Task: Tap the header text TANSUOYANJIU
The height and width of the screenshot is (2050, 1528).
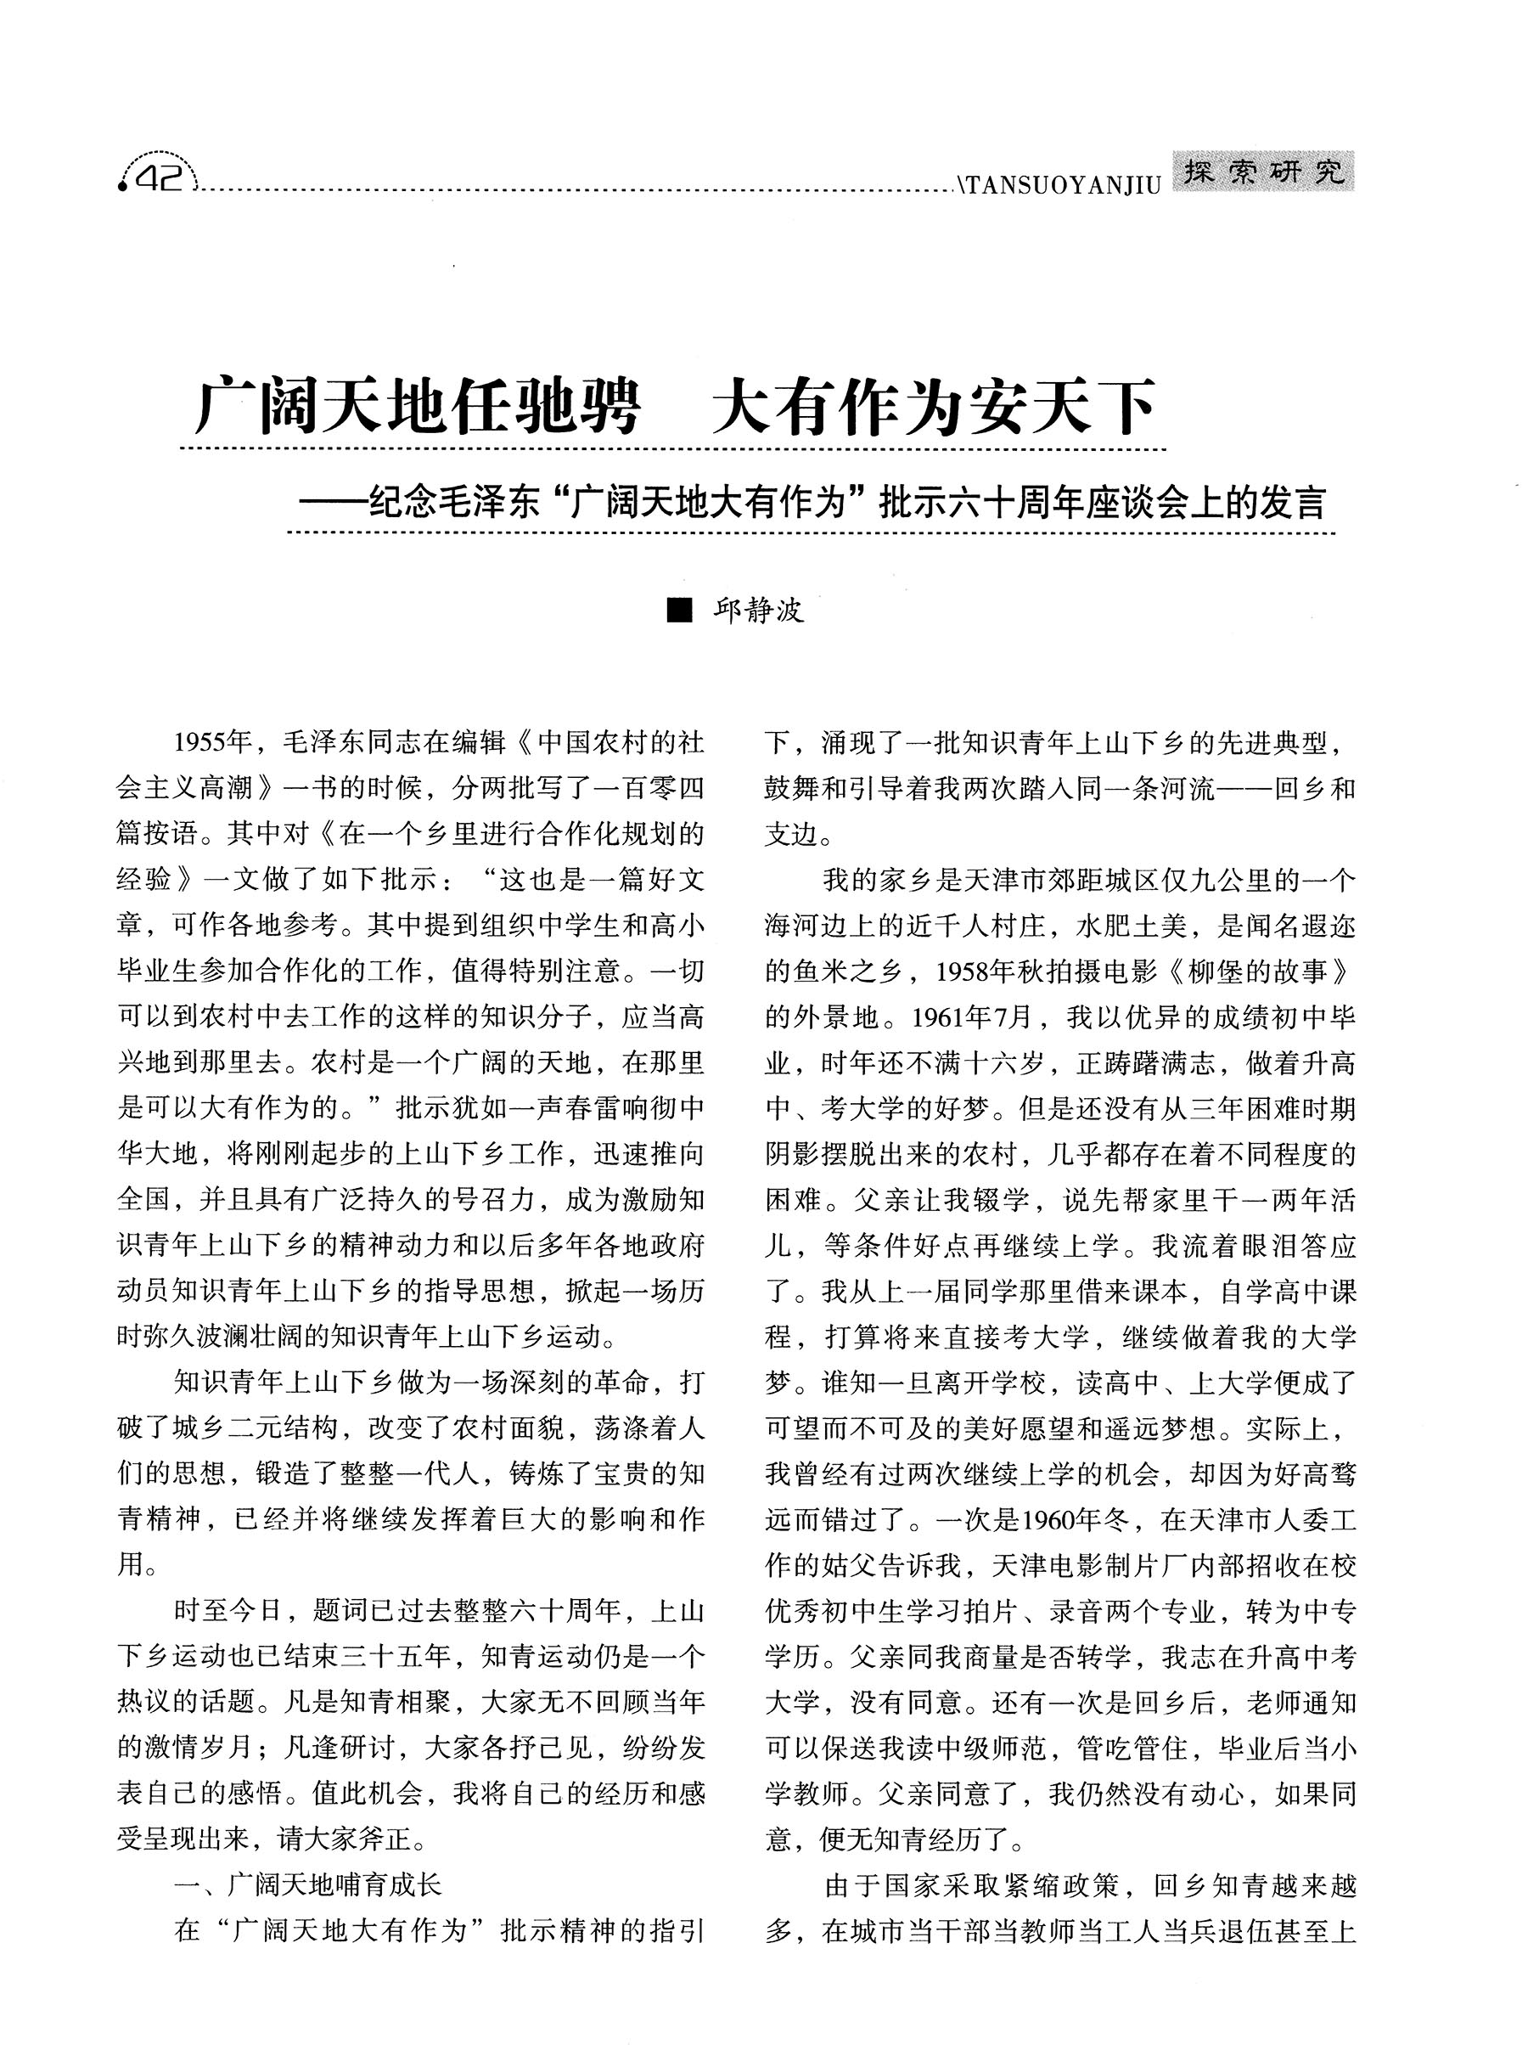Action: click(x=1062, y=186)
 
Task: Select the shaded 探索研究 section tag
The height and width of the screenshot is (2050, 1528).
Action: click(x=1263, y=172)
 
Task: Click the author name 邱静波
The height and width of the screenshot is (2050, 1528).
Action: click(x=758, y=611)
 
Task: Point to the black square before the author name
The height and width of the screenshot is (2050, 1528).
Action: click(x=680, y=611)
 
